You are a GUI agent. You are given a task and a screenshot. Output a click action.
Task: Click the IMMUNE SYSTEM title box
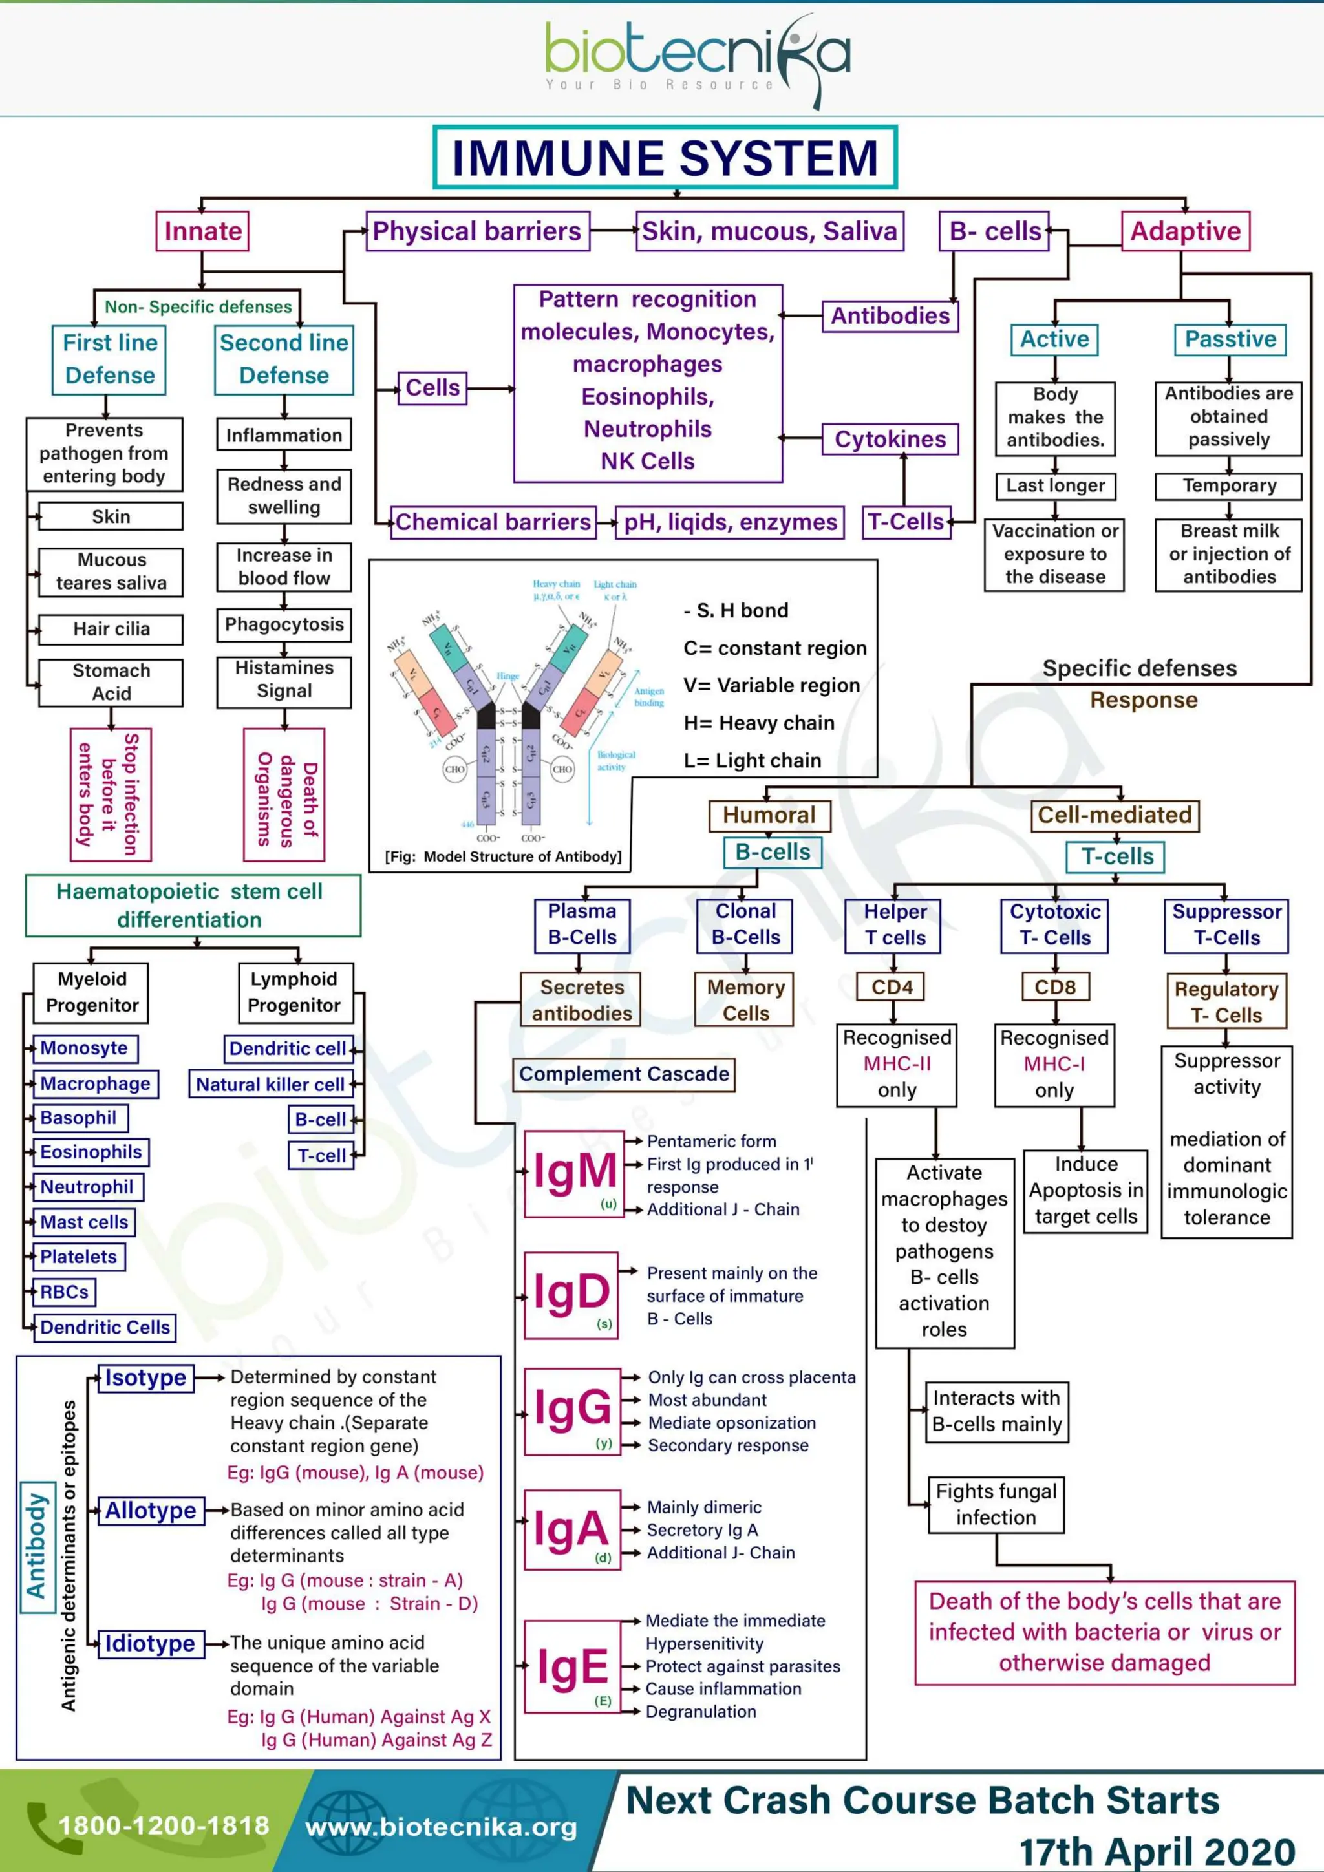click(x=665, y=157)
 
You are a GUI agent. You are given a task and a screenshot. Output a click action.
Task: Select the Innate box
click(x=202, y=231)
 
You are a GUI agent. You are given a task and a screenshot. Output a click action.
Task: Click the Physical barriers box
click(x=477, y=231)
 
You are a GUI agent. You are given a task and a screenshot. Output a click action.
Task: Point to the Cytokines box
click(x=890, y=440)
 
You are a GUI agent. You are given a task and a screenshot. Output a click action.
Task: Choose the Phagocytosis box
click(x=284, y=624)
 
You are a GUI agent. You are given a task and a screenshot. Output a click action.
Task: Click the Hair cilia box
click(x=111, y=628)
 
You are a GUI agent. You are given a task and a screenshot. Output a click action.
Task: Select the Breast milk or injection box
click(x=1228, y=555)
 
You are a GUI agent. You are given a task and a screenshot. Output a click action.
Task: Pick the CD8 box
click(x=1055, y=987)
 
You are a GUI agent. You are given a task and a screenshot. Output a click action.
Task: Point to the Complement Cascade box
click(x=624, y=1074)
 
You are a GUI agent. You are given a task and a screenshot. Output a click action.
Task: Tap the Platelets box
click(x=78, y=1257)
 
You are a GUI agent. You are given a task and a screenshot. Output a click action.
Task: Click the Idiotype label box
click(x=150, y=1644)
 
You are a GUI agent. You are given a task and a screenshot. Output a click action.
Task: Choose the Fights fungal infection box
click(x=996, y=1504)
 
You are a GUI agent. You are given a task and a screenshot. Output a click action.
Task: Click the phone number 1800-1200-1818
click(x=163, y=1825)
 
